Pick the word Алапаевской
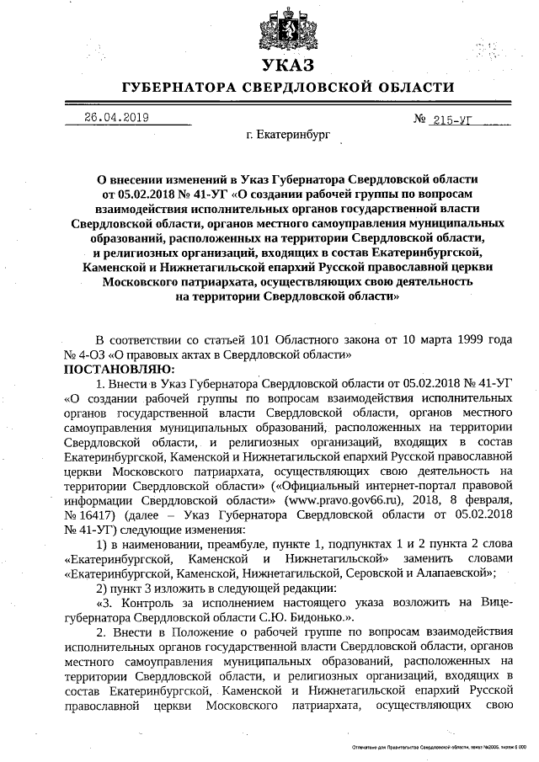pos(455,573)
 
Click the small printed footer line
pos(438,747)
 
